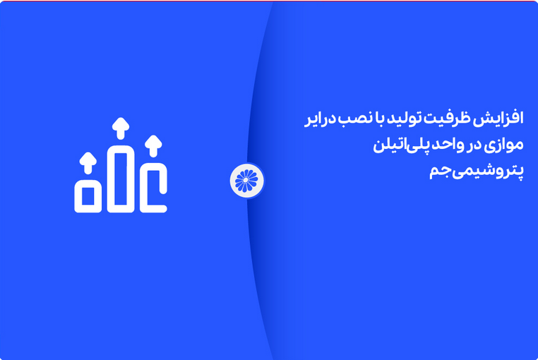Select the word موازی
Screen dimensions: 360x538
[x=506, y=146]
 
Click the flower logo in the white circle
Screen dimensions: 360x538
[x=246, y=180]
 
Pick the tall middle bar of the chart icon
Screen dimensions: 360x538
[x=120, y=179]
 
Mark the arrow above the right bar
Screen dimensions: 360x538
[x=153, y=145]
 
